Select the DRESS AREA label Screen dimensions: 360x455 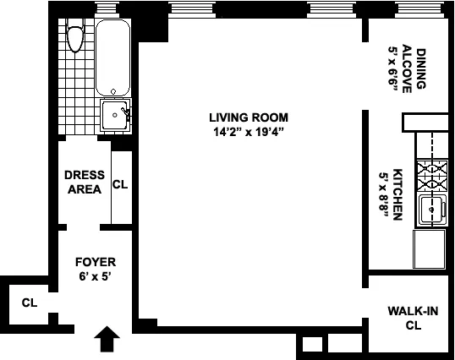[85, 182]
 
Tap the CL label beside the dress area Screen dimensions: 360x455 [120, 184]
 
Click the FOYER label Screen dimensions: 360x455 [95, 262]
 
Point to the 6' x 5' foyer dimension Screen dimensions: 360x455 [95, 276]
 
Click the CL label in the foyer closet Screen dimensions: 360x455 [30, 303]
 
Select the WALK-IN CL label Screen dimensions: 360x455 [413, 318]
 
